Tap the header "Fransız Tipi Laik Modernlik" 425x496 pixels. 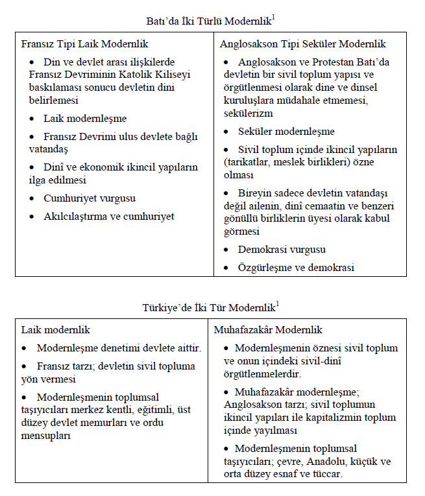pyautogui.click(x=84, y=44)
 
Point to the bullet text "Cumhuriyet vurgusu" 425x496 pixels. pyautogui.click(x=90, y=198)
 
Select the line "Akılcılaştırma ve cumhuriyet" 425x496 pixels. pyautogui.click(x=109, y=217)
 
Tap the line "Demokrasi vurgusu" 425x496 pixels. pyautogui.click(x=282, y=249)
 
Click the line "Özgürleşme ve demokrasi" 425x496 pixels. pyautogui.click(x=295, y=267)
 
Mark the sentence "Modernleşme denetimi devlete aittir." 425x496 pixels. pyautogui.click(x=119, y=348)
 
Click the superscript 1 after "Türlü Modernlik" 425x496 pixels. pyautogui.click(x=274, y=18)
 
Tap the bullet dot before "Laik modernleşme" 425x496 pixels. pyautogui.click(x=34, y=119)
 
